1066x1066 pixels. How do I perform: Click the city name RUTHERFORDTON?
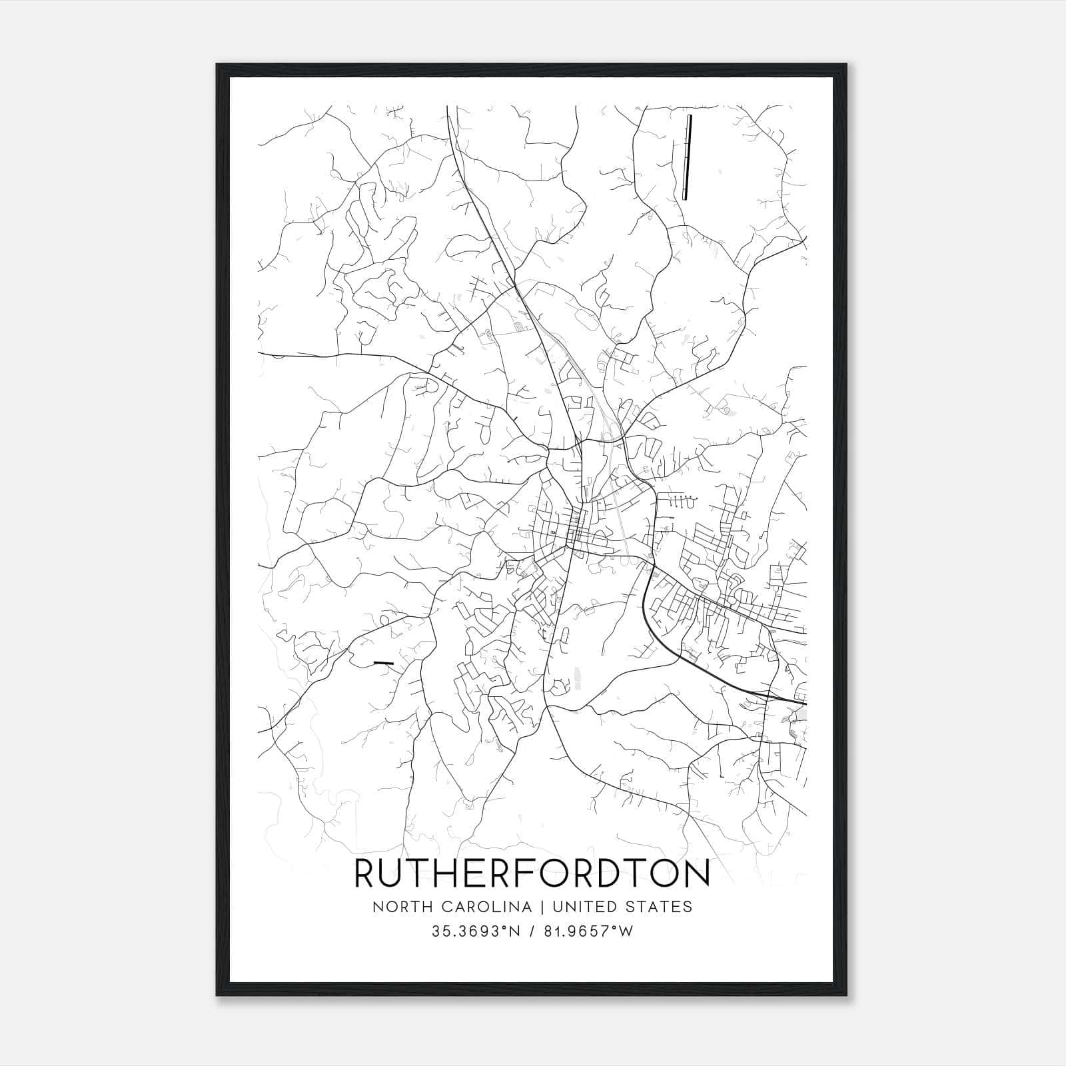[532, 875]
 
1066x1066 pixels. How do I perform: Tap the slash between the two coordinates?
[532, 931]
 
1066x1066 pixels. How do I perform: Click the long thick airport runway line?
[687, 157]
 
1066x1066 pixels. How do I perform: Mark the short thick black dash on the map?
[383, 663]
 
